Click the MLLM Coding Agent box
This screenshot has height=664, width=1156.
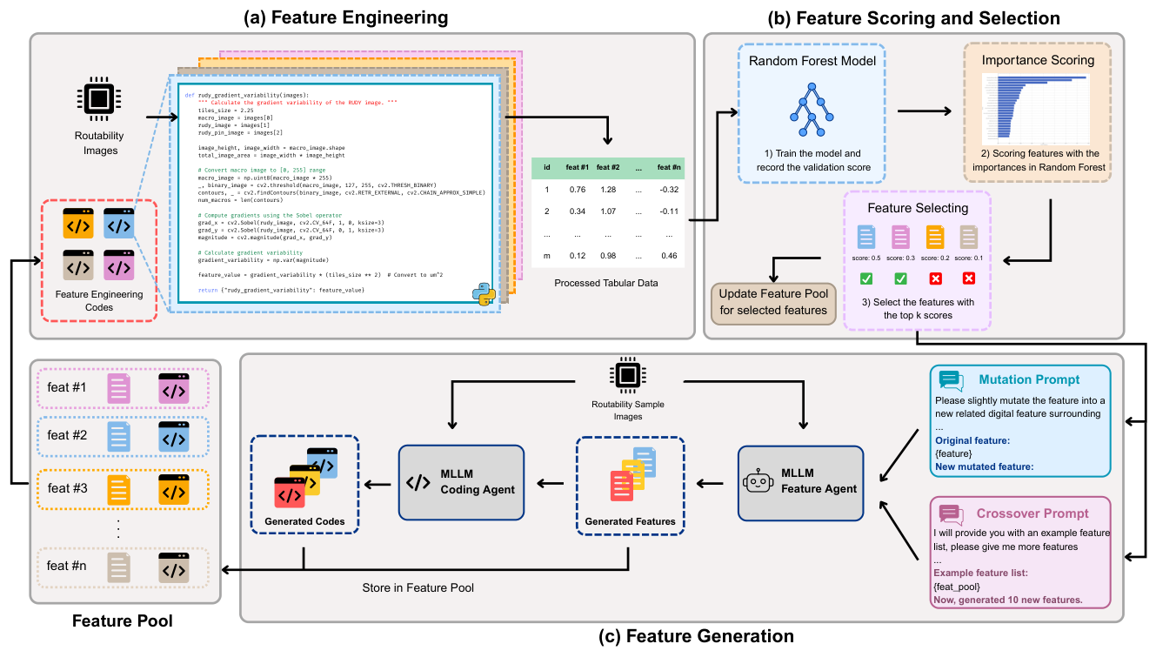[x=461, y=483]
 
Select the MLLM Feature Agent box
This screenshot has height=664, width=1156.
[x=800, y=483]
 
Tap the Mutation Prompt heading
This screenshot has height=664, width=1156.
[x=1029, y=379]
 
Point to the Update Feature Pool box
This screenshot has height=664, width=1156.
[x=773, y=301]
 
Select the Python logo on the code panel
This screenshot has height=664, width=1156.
[x=483, y=293]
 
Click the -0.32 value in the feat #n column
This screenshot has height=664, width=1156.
[x=668, y=189]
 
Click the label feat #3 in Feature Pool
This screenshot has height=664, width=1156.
[x=68, y=488]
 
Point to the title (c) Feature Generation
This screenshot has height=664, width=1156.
[x=698, y=636]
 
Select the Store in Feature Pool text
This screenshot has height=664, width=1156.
[x=418, y=588]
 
